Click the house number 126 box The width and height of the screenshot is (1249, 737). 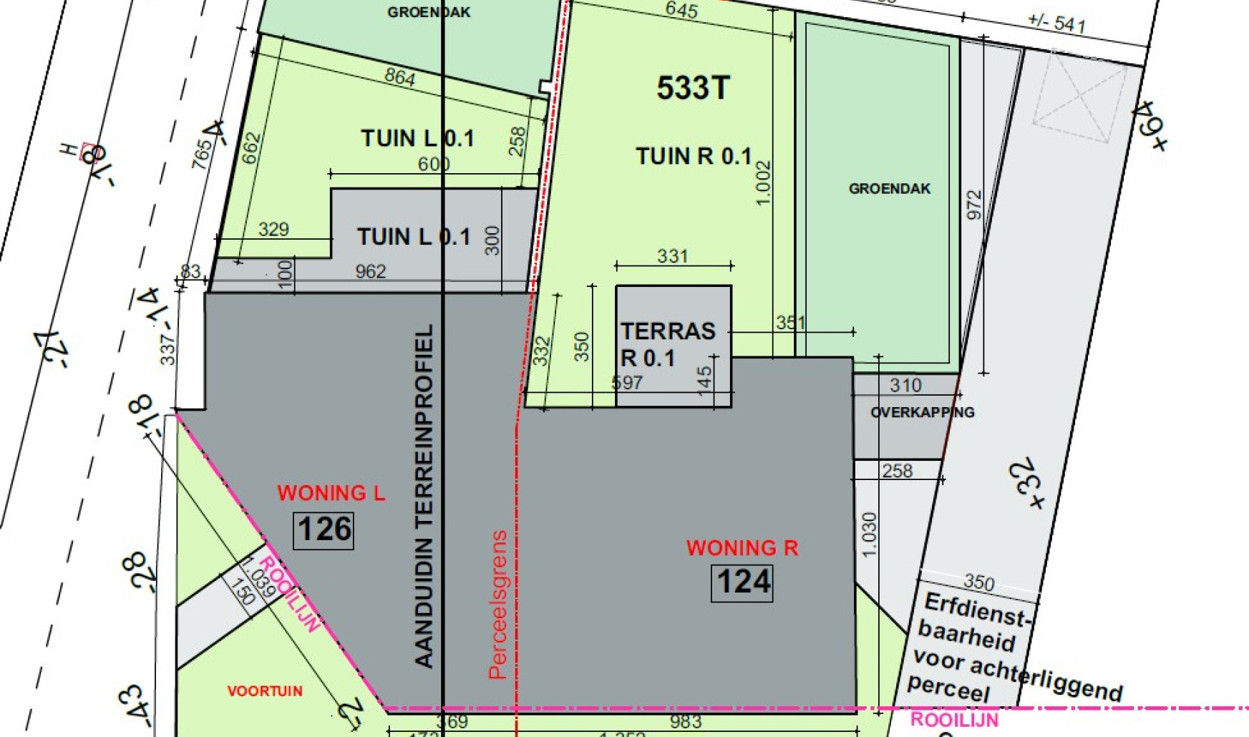tap(324, 530)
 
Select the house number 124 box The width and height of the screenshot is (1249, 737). tap(742, 582)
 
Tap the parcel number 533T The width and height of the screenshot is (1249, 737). tap(693, 89)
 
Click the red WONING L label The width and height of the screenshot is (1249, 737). tap(331, 493)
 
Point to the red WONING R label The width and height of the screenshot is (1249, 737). tap(742, 548)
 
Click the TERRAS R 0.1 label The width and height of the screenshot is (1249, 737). tap(667, 344)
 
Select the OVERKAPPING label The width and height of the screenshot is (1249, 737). tap(922, 413)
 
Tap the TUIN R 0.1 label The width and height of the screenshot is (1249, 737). tap(693, 156)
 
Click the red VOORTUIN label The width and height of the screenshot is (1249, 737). tap(265, 691)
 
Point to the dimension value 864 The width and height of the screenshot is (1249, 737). tap(399, 77)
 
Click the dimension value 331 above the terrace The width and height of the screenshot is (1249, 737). tap(672, 256)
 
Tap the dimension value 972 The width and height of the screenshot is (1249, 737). tap(974, 205)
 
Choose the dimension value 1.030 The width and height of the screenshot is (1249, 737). tap(868, 535)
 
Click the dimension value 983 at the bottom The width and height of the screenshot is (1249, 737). tap(685, 722)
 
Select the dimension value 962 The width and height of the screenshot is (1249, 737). tap(370, 272)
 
